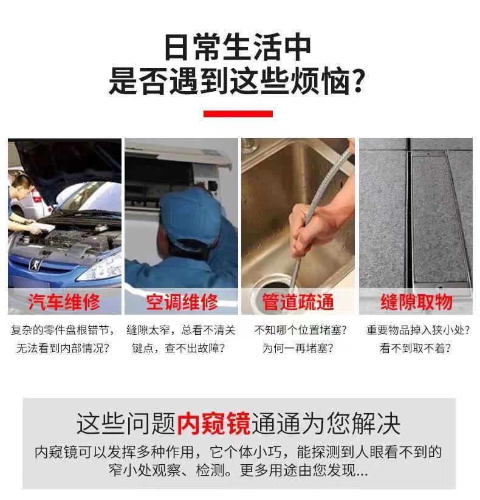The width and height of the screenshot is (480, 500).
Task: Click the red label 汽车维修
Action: click(64, 302)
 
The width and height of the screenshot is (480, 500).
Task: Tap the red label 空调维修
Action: click(181, 302)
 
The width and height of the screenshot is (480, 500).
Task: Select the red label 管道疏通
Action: click(298, 302)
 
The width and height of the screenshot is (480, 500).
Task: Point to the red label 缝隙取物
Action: click(416, 302)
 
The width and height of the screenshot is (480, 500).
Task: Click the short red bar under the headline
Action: click(238, 114)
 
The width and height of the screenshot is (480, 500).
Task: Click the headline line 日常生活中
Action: click(238, 47)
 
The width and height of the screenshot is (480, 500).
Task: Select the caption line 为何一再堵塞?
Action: click(298, 349)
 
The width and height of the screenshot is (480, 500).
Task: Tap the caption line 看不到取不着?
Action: click(416, 349)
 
